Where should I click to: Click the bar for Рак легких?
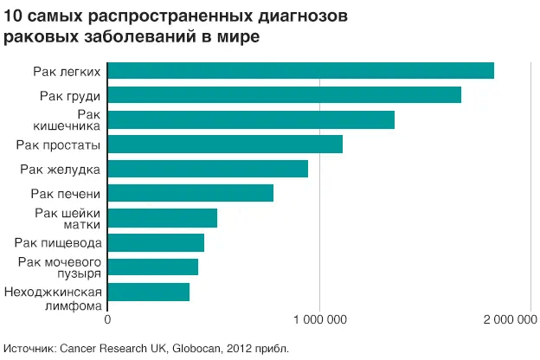[x=300, y=71]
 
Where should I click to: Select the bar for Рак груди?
[x=284, y=95]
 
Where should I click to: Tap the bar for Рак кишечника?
[x=251, y=119]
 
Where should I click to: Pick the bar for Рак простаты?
[x=225, y=145]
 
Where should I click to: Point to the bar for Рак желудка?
[x=208, y=169]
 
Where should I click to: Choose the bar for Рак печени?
[x=190, y=193]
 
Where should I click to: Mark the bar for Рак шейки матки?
[x=162, y=218]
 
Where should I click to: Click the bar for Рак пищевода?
[x=156, y=242]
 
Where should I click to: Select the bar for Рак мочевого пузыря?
[x=152, y=267]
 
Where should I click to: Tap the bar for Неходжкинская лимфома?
[x=148, y=292]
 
